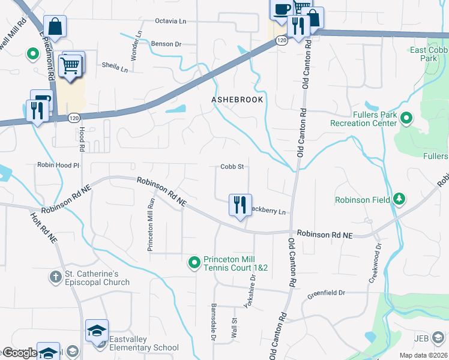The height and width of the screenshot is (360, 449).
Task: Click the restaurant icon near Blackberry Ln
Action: click(x=240, y=205)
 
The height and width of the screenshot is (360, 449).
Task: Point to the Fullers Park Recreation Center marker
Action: click(x=406, y=118)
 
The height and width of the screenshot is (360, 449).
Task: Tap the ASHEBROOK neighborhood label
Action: click(x=237, y=100)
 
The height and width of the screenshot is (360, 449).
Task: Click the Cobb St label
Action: click(x=232, y=167)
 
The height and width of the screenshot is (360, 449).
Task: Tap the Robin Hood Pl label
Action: click(x=58, y=164)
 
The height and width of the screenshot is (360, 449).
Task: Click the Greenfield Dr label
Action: click(x=327, y=293)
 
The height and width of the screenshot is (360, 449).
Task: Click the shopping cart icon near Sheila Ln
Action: click(x=71, y=64)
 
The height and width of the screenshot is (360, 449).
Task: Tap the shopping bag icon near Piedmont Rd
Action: click(x=55, y=26)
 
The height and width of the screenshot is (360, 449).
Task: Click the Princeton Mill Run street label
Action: click(x=151, y=225)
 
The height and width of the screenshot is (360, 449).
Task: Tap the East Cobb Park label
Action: click(x=429, y=55)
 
